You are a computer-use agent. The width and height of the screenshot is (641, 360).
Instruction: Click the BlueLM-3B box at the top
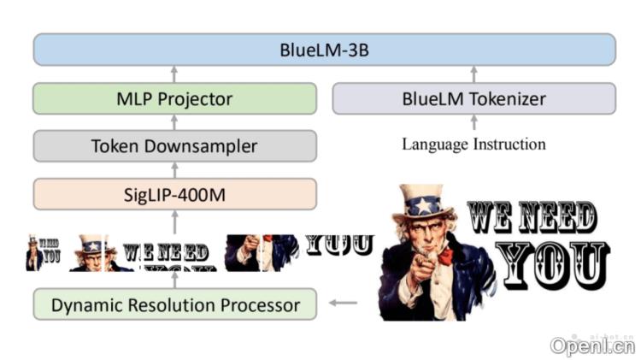pos(324,50)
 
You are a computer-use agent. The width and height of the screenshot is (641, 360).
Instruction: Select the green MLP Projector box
pos(174,98)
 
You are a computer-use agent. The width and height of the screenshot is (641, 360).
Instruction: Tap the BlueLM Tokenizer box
pos(473,98)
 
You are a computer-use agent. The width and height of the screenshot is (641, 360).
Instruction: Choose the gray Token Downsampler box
pos(174,146)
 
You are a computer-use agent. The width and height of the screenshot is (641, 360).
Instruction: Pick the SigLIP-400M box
pos(174,194)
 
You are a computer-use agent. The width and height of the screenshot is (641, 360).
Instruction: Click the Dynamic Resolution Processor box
pos(174,304)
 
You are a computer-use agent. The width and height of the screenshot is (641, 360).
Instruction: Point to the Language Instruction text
pos(473,144)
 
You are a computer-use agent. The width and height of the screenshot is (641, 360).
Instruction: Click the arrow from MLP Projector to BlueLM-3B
pos(174,74)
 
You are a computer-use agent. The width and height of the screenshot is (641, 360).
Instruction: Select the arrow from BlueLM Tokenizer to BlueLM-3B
pos(473,74)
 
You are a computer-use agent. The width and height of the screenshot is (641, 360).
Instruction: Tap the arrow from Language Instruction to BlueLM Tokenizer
pos(473,122)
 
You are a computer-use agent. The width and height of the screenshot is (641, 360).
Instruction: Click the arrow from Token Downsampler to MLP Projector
pos(174,122)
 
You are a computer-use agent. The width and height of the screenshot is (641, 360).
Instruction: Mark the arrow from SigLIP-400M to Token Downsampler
pos(174,170)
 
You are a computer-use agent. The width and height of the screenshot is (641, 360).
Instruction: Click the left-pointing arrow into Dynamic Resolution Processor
pos(344,302)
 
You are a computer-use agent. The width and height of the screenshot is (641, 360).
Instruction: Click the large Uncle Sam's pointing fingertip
pos(417,275)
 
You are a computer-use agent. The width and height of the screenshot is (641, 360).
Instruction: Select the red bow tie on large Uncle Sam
pos(444,255)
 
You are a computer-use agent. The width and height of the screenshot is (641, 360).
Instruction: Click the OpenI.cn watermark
pos(591,345)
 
